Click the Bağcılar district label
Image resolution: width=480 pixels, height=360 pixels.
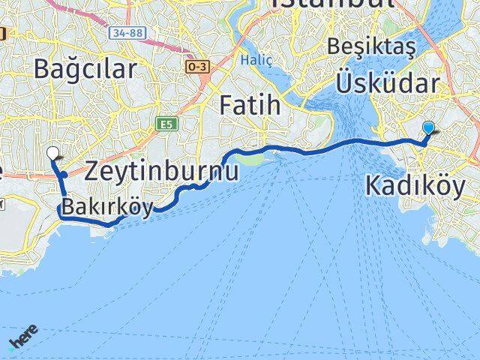point(85,69)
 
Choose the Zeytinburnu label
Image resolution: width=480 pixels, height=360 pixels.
point(162,171)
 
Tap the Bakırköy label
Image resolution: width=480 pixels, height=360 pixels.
point(108,206)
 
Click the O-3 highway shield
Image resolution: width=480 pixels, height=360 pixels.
point(196,66)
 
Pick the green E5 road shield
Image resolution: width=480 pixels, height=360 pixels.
point(164,124)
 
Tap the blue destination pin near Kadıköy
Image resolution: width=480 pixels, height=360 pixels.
point(428,127)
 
